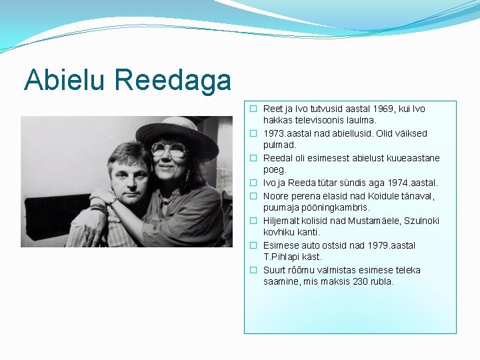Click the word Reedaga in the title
pyautogui.click(x=173, y=81)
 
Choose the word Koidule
pyautogui.click(x=363, y=196)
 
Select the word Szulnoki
pyautogui.click(x=419, y=221)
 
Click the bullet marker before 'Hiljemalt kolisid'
pyautogui.click(x=253, y=221)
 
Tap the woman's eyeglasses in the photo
pyautogui.click(x=169, y=150)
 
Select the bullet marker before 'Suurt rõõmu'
pyautogui.click(x=253, y=270)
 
